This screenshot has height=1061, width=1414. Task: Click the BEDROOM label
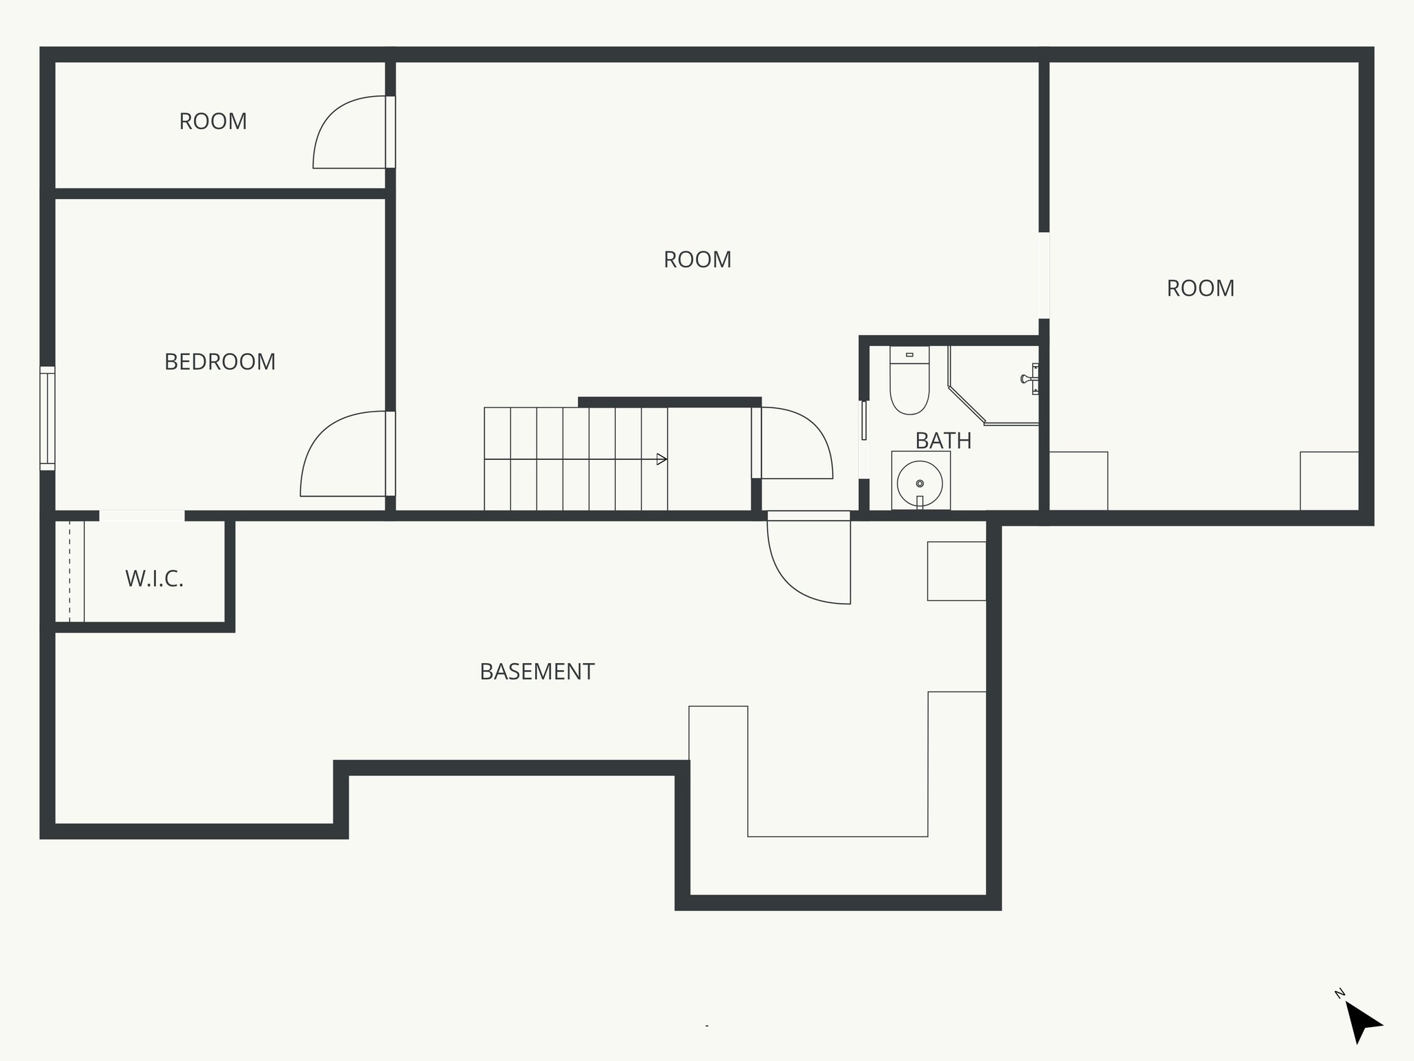point(220,362)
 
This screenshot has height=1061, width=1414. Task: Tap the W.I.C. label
point(154,579)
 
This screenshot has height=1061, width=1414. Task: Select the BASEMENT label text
point(536,671)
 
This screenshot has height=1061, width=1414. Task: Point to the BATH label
point(943,441)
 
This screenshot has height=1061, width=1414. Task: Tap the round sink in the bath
point(920,482)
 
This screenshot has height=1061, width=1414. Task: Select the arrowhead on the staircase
point(661,459)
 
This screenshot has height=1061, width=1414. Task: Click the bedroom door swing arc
point(331,449)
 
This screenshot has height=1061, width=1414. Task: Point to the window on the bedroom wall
point(47,419)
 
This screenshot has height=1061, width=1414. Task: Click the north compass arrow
point(1362,1023)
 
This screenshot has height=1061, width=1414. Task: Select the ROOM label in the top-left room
point(213,122)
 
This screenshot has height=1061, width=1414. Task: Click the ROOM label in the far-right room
point(1201,288)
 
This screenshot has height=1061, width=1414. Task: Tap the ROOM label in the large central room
point(697,260)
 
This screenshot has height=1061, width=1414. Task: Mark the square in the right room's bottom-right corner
point(1329,481)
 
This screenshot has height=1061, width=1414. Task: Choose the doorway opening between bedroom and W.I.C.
point(142,515)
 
